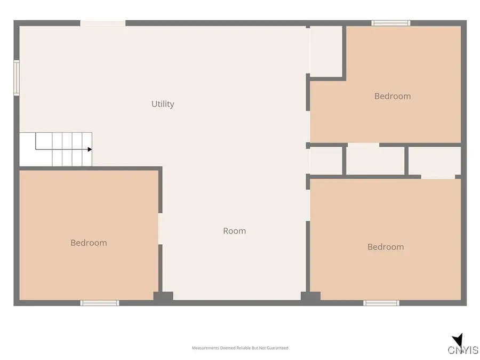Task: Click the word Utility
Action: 163,104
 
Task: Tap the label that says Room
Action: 235,231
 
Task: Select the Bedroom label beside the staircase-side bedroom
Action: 89,243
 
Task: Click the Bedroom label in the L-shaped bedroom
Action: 393,96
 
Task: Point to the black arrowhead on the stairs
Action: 90,149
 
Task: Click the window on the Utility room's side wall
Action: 17,78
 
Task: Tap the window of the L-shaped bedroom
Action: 391,23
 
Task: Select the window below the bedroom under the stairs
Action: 100,303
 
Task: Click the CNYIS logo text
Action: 463,350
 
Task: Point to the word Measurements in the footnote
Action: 205,348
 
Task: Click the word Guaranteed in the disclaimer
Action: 277,348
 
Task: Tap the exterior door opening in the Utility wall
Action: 103,23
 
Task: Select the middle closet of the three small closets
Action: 375,161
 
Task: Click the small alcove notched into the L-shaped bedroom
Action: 326,51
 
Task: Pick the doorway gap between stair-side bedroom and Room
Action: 160,229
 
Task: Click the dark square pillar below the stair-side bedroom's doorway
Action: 163,297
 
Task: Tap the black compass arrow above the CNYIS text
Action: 458,340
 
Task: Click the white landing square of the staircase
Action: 28,149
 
